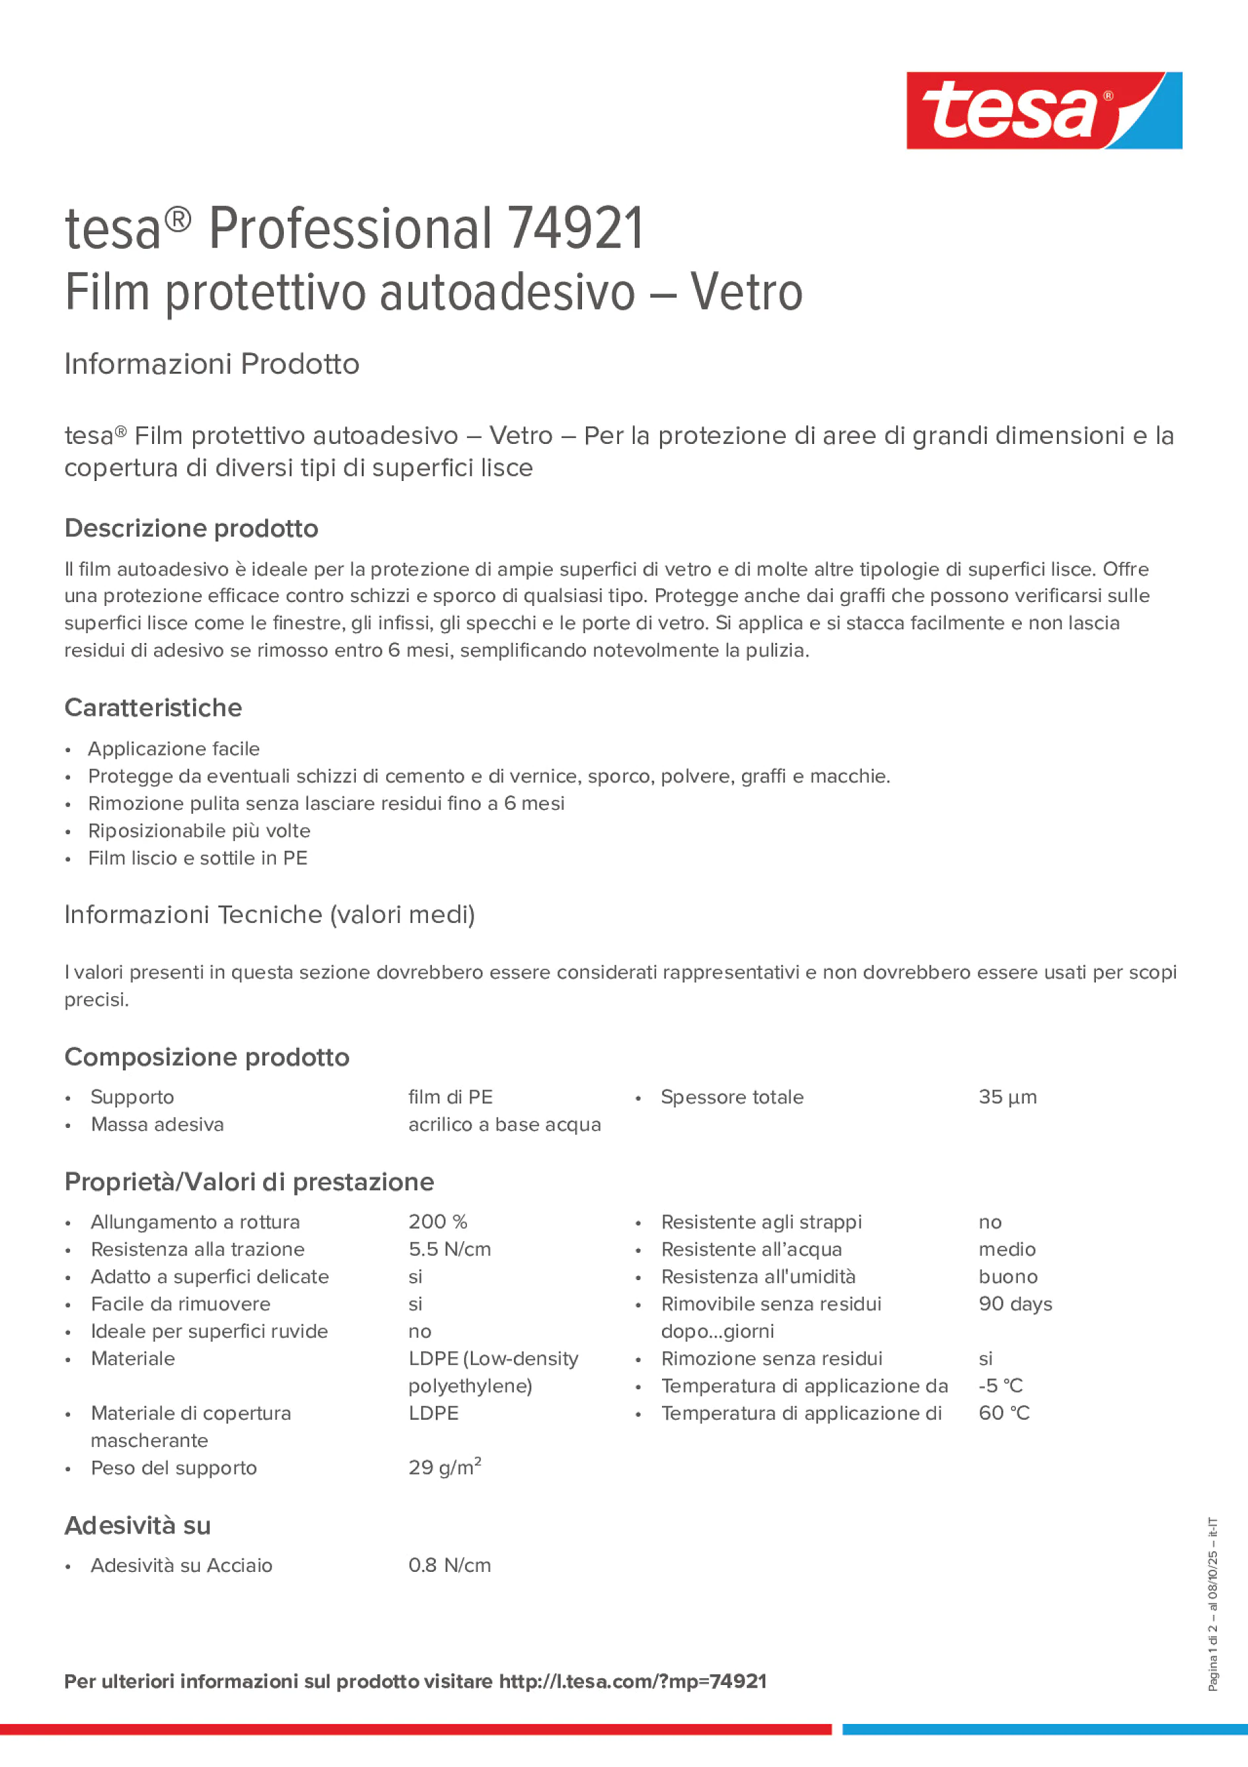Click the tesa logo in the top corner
(1044, 110)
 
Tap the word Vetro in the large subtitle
(745, 292)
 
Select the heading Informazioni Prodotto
(212, 364)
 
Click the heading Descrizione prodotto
(191, 529)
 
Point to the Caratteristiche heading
(153, 708)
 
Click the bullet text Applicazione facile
(174, 749)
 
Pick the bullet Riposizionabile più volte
(199, 831)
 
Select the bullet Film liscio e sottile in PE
(198, 858)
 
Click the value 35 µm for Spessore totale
(1007, 1098)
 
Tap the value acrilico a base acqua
(504, 1125)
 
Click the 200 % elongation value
(438, 1222)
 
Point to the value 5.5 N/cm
(449, 1249)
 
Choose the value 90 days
(1015, 1304)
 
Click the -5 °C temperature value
(1000, 1386)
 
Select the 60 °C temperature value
(1003, 1413)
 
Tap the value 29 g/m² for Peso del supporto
(444, 1467)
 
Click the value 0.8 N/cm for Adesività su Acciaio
(449, 1565)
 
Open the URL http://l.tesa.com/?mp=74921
(632, 1682)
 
